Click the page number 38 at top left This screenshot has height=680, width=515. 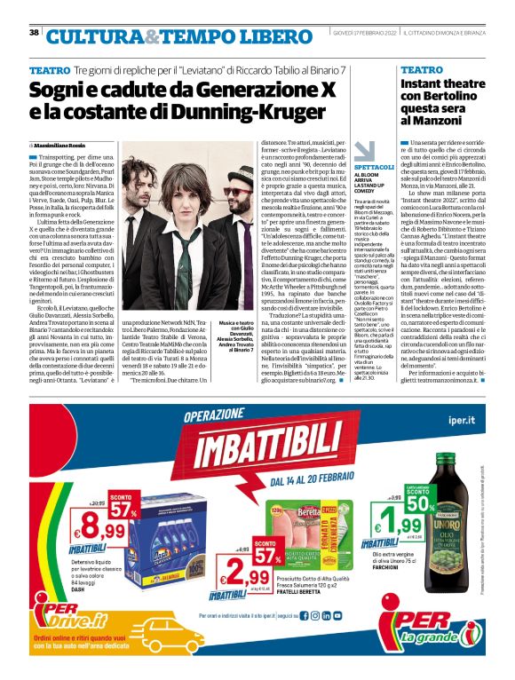pyautogui.click(x=33, y=32)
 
